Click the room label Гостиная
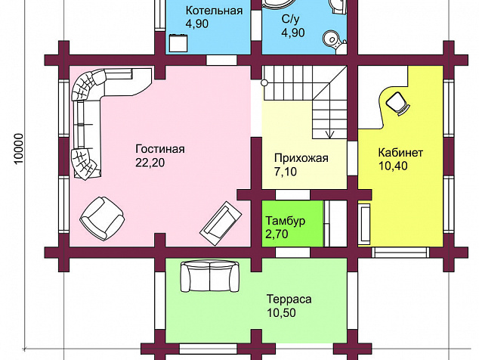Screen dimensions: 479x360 click(160, 149)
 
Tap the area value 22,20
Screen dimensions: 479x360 click(150, 163)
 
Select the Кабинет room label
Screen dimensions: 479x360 click(400, 152)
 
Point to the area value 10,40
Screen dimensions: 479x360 click(393, 166)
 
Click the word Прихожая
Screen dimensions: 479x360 click(301, 158)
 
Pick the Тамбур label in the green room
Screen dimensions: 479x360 click(286, 221)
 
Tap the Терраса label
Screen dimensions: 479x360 click(289, 299)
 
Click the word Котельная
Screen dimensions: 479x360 click(214, 11)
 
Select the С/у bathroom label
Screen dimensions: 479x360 click(291, 19)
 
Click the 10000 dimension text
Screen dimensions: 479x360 click(19, 148)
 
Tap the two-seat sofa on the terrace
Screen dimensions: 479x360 click(210, 276)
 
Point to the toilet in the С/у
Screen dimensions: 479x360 click(334, 42)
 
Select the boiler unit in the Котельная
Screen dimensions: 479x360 click(178, 42)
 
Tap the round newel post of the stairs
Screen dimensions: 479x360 click(264, 82)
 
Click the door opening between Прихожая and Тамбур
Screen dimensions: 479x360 click(292, 194)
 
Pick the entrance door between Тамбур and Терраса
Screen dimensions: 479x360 click(292, 253)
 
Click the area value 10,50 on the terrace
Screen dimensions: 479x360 click(281, 313)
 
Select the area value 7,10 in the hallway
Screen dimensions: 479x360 click(286, 172)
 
